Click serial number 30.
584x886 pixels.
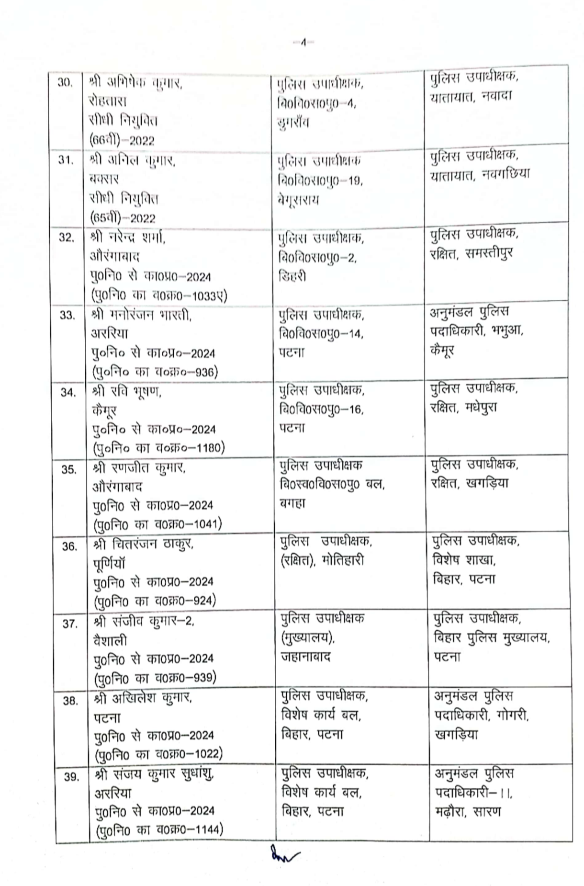coord(65,83)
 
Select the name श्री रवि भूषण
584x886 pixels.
coord(127,391)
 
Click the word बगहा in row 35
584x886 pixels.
coord(293,503)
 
